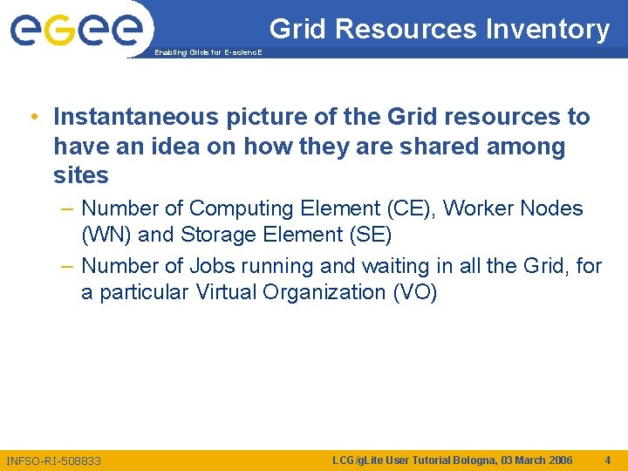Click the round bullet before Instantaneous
pos(32,117)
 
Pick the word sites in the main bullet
pos(81,175)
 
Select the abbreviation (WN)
pos(105,235)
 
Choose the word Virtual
pos(233,292)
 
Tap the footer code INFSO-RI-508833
pos(53,461)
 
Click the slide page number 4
pos(607,460)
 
